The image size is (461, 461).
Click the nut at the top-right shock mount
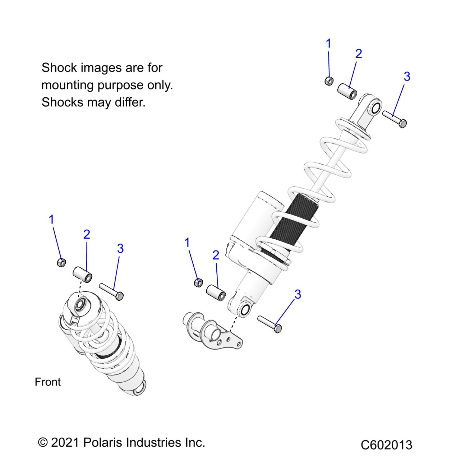pos(329,81)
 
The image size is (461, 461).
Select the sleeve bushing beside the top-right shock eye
pos(347,92)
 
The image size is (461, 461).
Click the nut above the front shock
pos(62,262)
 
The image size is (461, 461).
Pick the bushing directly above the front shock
pos(82,274)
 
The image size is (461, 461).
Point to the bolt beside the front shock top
pos(111,292)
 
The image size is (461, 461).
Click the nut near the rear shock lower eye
pos(199,283)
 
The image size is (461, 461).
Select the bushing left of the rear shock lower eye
pos(216,292)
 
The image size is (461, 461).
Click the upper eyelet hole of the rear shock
pos(376,108)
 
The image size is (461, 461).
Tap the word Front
pos(48,382)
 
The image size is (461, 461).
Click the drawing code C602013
pos(386,445)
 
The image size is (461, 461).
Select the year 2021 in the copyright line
pos(65,443)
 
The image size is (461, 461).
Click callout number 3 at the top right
pos(407,77)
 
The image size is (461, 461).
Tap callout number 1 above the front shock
pos(52,219)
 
